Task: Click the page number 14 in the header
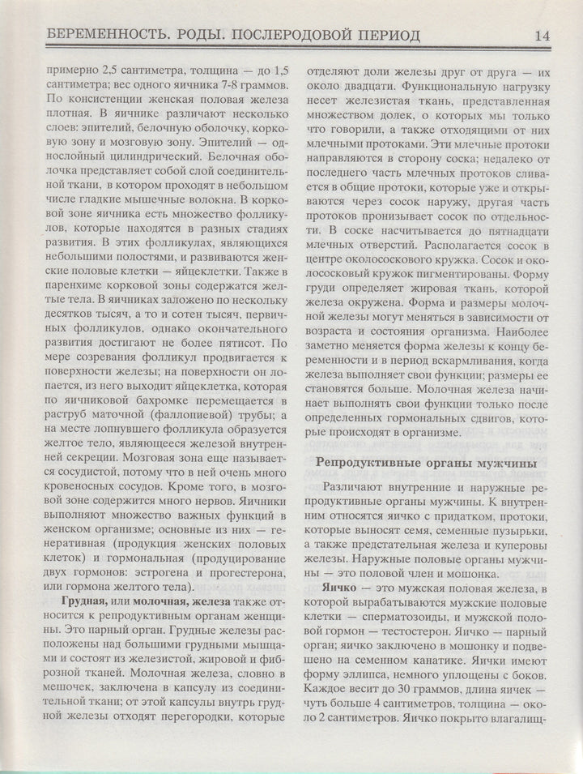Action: (542, 35)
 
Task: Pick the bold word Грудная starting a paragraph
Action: (86, 603)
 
